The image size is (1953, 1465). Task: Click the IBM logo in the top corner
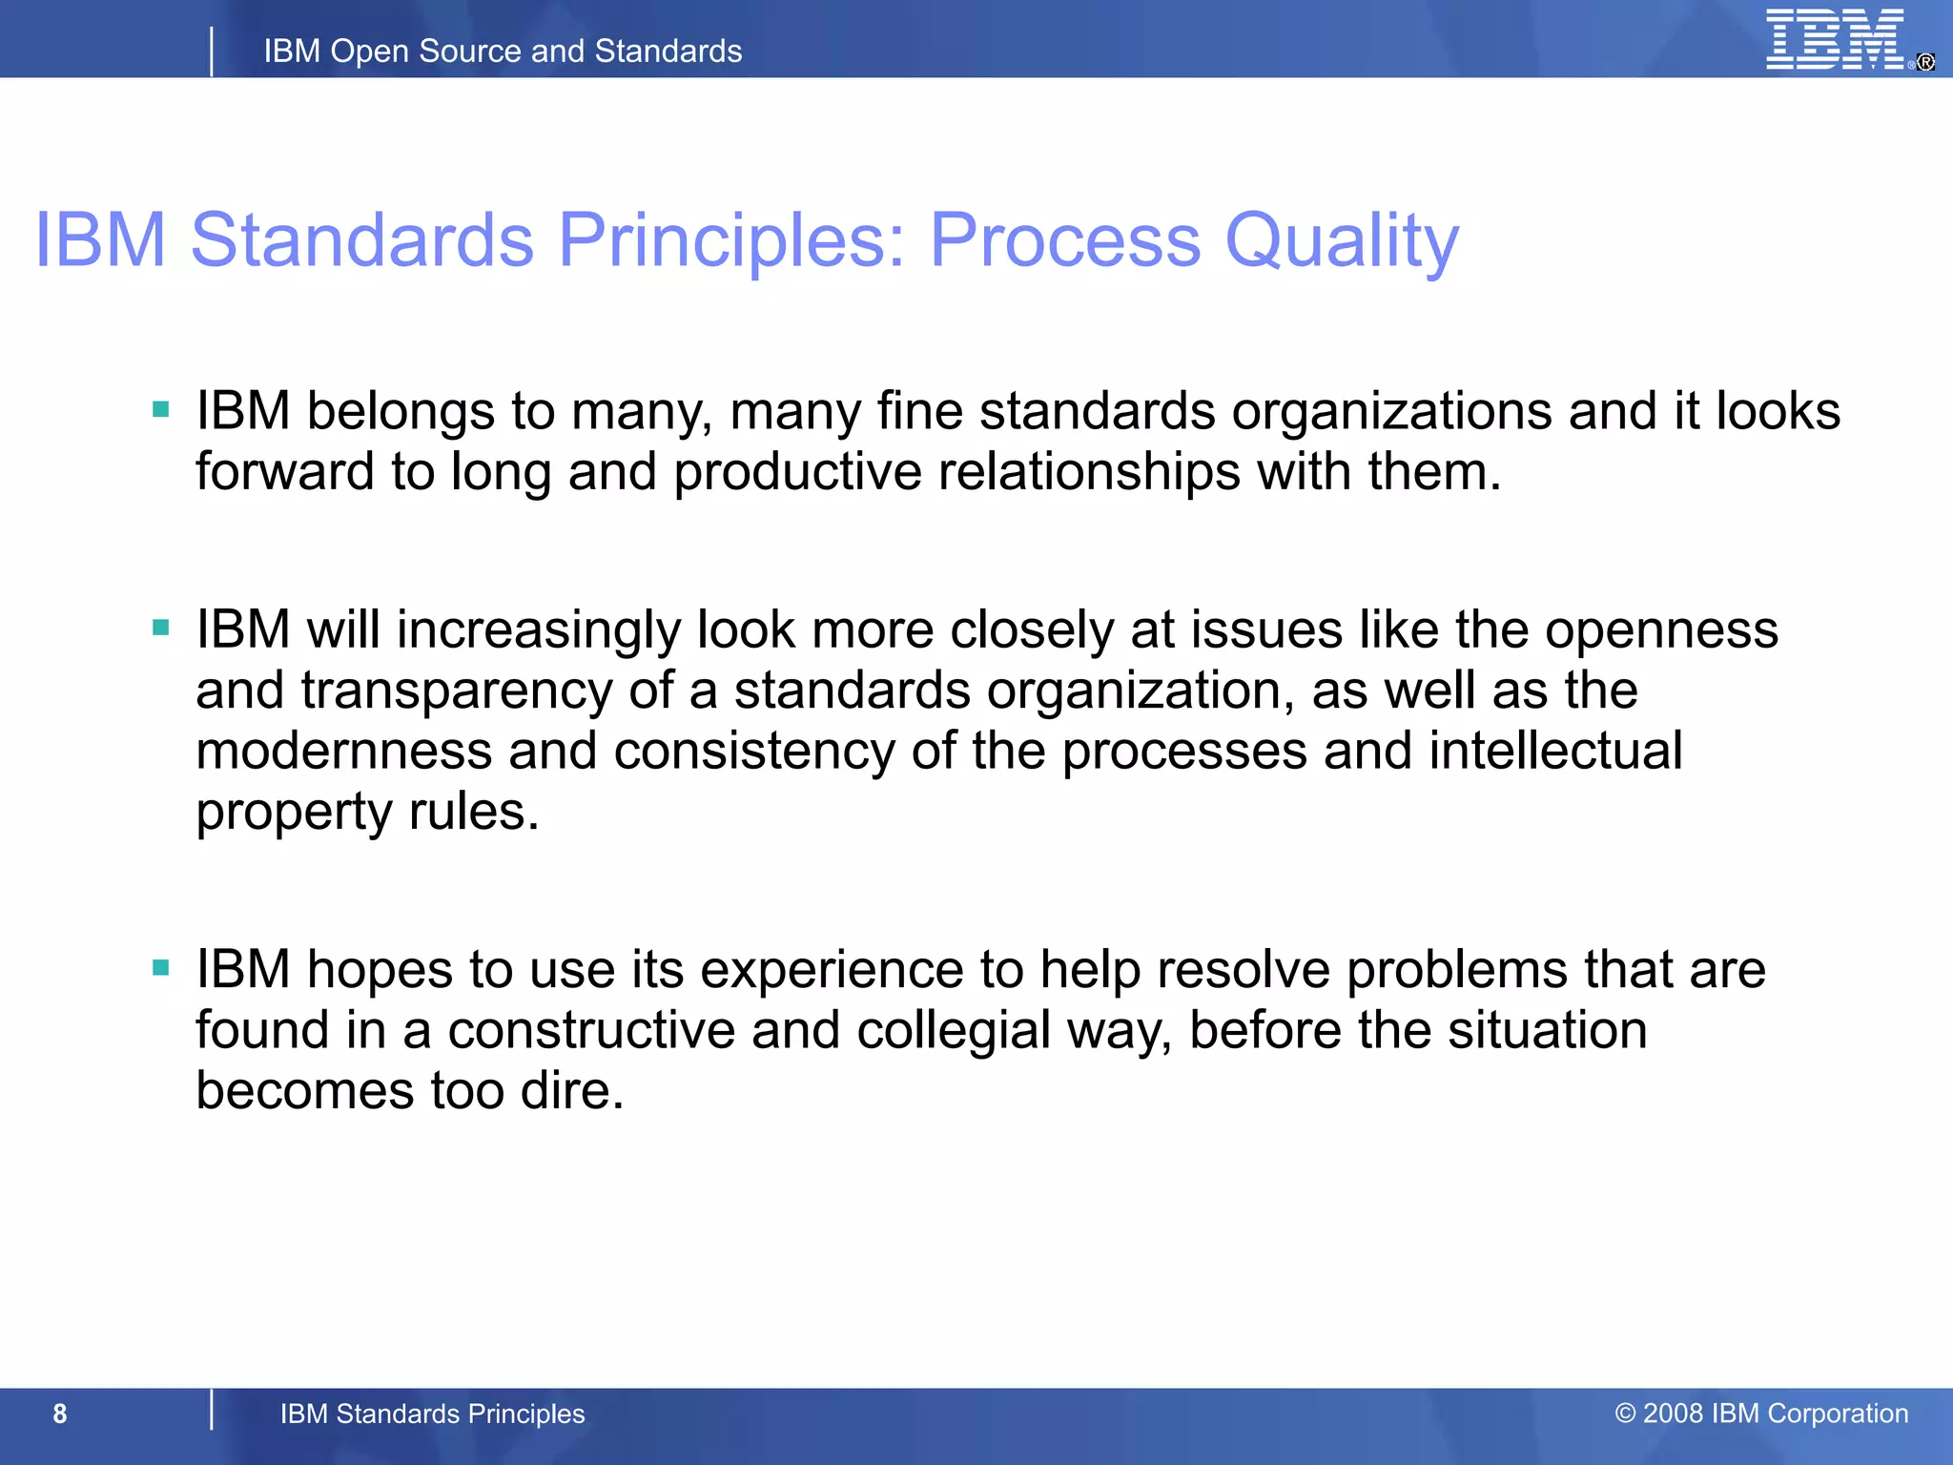click(x=1836, y=40)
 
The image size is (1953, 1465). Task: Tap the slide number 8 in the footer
click(x=60, y=1413)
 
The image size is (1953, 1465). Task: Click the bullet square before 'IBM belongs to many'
click(x=161, y=410)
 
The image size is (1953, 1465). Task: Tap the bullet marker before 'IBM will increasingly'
click(x=161, y=628)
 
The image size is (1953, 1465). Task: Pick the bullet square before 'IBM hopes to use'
click(x=161, y=968)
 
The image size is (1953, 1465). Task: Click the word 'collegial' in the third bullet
click(x=953, y=1031)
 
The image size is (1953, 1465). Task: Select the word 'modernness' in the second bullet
click(x=343, y=751)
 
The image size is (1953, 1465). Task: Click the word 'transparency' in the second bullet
click(x=457, y=691)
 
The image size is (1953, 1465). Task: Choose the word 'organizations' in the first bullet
click(x=1391, y=412)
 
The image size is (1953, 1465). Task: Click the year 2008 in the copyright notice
click(x=1673, y=1413)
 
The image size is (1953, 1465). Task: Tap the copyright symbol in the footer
click(x=1625, y=1413)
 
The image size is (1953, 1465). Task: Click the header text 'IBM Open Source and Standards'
click(x=503, y=51)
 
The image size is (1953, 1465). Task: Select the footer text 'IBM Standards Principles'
click(x=432, y=1413)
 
